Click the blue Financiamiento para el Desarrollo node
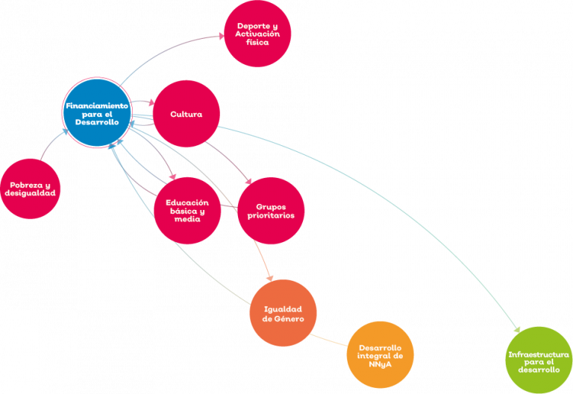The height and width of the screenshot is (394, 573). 97,113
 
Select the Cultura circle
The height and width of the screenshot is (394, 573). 185,114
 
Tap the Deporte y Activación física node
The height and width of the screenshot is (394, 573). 257,34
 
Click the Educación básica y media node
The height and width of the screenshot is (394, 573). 187,211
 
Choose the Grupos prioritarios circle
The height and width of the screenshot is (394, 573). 270,211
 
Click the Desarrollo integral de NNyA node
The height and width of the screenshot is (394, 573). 381,355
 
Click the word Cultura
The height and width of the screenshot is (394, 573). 185,114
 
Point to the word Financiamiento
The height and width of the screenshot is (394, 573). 97,106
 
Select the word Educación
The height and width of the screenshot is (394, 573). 187,203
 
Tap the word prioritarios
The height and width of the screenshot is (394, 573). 271,215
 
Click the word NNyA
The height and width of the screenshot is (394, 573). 381,363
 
